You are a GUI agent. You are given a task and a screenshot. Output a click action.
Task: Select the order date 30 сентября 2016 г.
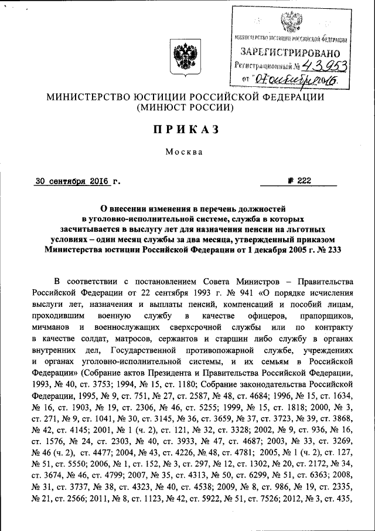[x=76, y=181]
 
